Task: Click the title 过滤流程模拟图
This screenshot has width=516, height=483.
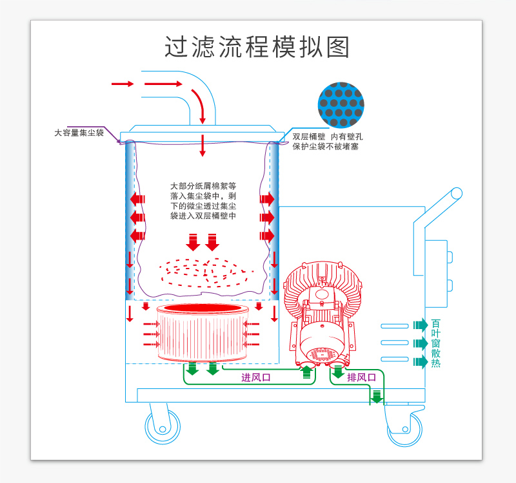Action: coord(257,47)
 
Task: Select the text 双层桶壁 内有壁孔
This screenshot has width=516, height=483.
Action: coord(328,137)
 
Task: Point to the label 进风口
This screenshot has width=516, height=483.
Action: coord(256,378)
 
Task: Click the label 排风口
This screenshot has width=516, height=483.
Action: coord(361,377)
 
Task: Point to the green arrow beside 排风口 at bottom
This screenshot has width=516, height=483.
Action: coord(375,396)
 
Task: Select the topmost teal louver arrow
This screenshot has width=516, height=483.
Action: coord(420,325)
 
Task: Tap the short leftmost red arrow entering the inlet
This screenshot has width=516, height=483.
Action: coord(123,84)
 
